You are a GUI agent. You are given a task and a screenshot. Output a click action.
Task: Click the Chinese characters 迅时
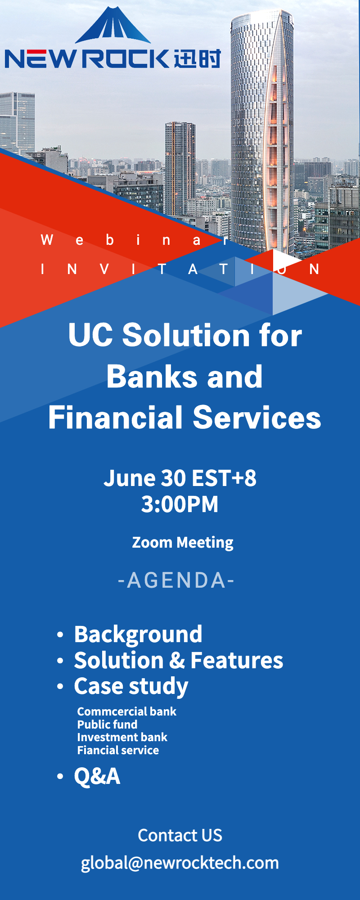[x=197, y=58]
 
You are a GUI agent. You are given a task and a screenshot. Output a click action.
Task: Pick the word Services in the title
[x=257, y=417]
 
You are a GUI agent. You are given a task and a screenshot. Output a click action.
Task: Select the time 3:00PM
[x=180, y=504]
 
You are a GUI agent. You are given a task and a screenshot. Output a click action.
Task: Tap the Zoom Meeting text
[x=183, y=542]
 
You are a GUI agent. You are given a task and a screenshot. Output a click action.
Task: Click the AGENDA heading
[x=176, y=580]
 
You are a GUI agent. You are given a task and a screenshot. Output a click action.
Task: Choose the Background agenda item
[x=138, y=634]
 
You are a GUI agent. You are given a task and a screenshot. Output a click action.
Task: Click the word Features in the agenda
[x=237, y=661]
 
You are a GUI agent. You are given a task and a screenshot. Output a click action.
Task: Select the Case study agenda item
[x=131, y=687]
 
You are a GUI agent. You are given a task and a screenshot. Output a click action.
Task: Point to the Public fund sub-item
[x=107, y=724]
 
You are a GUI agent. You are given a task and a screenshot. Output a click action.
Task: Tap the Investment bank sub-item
[x=122, y=737]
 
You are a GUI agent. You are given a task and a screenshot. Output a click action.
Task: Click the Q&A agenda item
[x=97, y=776]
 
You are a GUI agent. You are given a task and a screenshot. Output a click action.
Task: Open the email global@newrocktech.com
[x=180, y=863]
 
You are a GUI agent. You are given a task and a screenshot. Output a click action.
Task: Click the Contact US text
[x=180, y=835]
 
